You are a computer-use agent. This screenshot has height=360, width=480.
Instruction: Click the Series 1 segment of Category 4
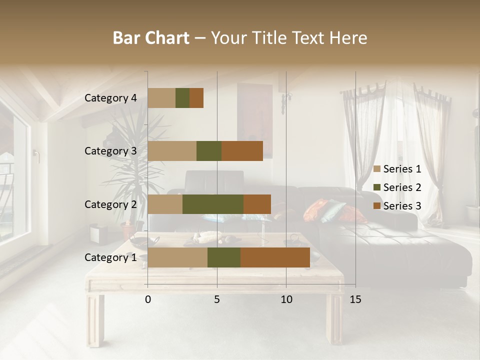161,98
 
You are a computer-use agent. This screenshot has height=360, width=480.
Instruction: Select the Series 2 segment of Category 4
182,98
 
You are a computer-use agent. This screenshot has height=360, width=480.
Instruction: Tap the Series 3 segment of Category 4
196,98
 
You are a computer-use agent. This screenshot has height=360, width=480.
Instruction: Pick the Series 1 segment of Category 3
172,151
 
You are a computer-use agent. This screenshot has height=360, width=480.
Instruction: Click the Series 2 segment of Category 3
209,151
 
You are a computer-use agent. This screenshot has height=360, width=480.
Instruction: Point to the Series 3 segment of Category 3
242,151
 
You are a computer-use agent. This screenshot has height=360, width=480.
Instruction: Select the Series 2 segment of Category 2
213,204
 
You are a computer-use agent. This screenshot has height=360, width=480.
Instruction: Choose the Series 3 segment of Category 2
257,204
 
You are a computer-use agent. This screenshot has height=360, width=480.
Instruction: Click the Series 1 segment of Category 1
177,257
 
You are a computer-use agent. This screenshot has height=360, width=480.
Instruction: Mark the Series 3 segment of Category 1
275,257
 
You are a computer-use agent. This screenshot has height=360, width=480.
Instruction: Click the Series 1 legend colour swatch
377,169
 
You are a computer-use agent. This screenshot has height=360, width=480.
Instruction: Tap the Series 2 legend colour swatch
377,187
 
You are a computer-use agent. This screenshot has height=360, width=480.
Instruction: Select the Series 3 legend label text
402,206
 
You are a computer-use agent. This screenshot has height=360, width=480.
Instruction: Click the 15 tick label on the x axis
355,299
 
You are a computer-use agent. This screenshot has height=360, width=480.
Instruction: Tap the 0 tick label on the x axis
148,299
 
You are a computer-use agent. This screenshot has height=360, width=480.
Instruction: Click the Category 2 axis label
110,204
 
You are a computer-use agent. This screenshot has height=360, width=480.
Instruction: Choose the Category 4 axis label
110,98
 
